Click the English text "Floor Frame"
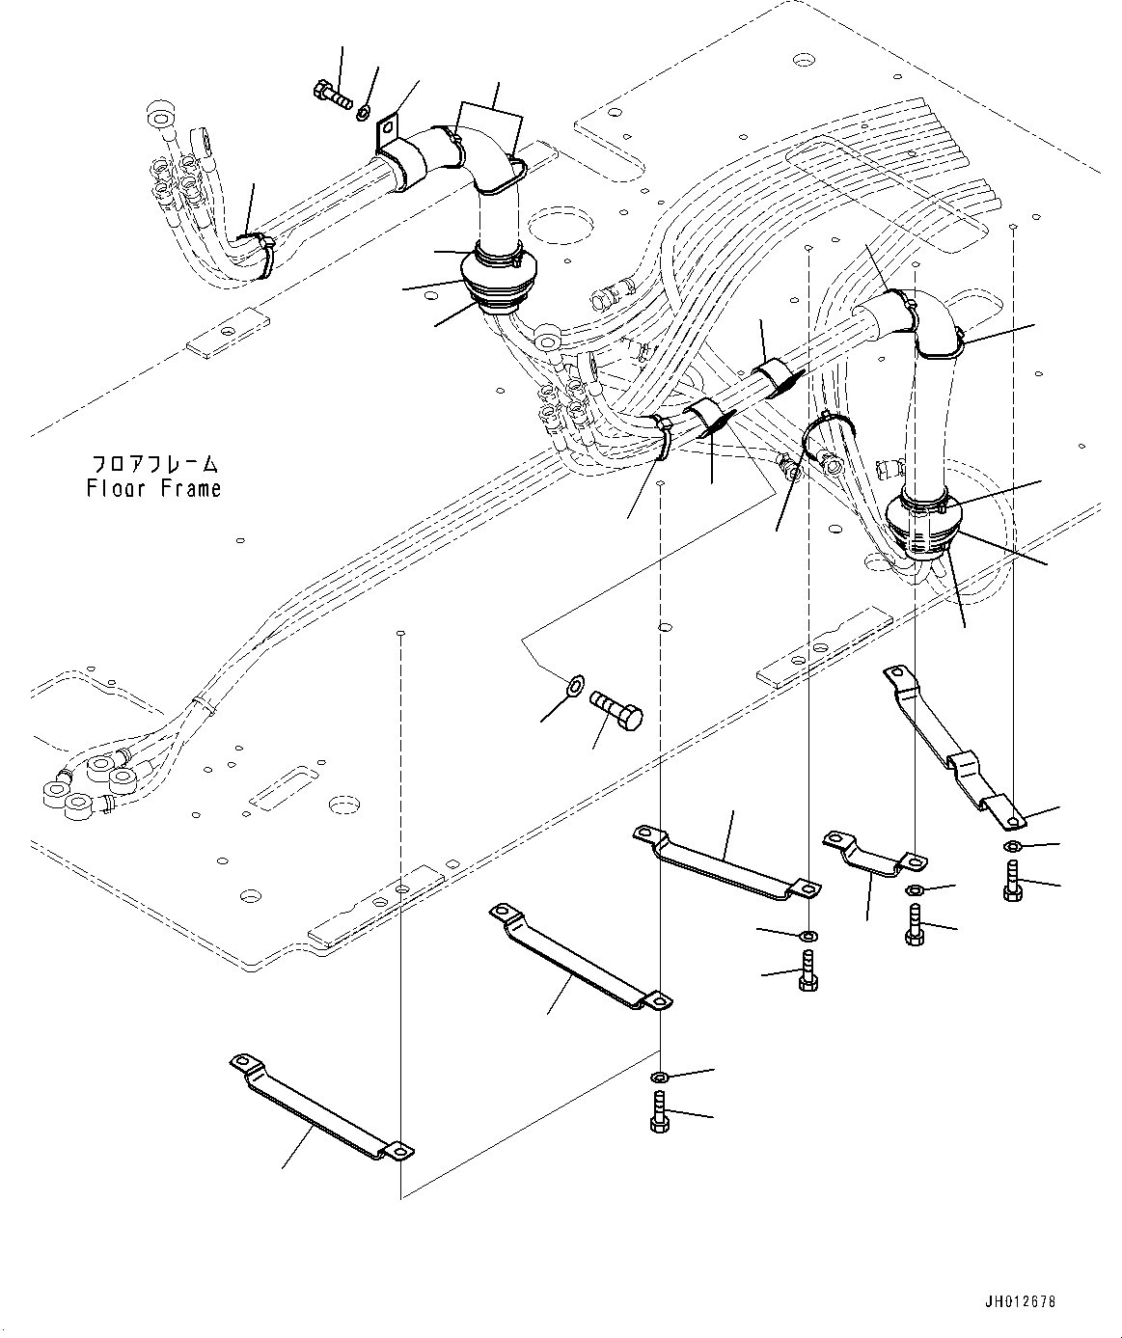tap(153, 489)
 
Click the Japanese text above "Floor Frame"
tap(153, 464)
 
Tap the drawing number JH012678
tap(1019, 1301)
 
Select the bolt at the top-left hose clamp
tap(333, 95)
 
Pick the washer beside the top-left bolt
tap(364, 114)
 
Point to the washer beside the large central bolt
tap(573, 687)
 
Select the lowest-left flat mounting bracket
tap(320, 1107)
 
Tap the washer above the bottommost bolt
tap(660, 1077)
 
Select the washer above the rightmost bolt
tap(1011, 847)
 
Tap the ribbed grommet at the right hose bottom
tap(924, 527)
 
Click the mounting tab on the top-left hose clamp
tap(389, 131)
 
